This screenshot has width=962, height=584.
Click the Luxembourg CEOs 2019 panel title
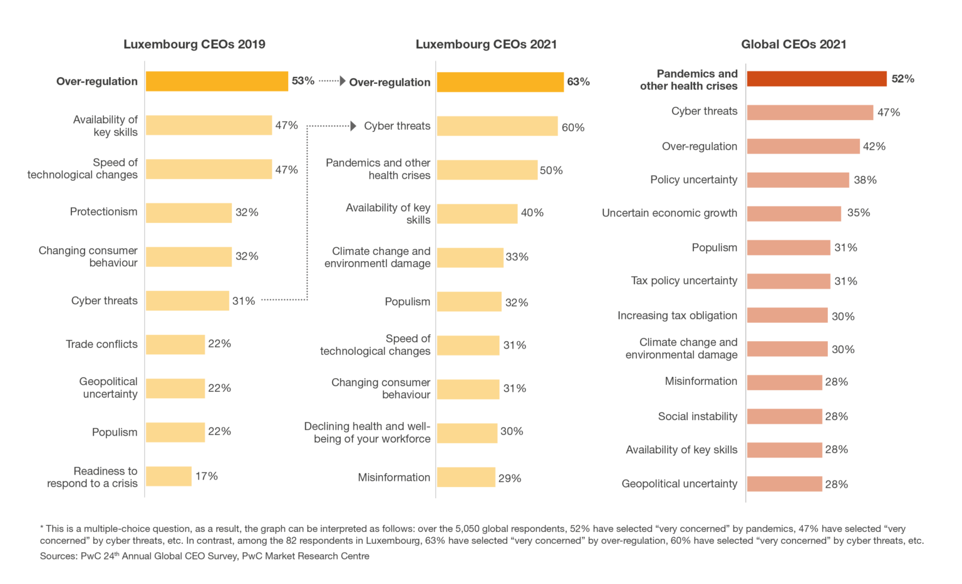(x=194, y=44)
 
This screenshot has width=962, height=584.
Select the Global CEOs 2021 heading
(x=793, y=44)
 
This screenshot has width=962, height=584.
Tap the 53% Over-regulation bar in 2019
(x=217, y=81)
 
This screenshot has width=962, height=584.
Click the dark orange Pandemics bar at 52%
(x=816, y=79)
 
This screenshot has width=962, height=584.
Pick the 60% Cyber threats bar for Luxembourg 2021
(x=497, y=126)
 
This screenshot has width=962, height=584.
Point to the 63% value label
(x=578, y=82)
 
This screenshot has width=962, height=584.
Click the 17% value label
(x=206, y=476)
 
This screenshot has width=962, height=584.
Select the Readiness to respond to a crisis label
(x=92, y=477)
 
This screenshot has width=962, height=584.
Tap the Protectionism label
(x=103, y=212)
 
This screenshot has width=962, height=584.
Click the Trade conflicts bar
(x=175, y=344)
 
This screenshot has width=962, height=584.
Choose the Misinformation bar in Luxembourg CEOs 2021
(x=466, y=478)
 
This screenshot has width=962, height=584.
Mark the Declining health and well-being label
(x=368, y=433)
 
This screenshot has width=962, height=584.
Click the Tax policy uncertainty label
(x=684, y=281)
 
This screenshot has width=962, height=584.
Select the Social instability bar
(x=784, y=416)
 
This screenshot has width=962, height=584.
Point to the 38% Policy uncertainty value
(x=865, y=180)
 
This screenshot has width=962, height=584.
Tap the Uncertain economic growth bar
(x=794, y=213)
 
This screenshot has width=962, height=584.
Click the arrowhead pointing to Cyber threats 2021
(x=353, y=126)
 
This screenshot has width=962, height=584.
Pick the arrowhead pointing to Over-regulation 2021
(x=343, y=81)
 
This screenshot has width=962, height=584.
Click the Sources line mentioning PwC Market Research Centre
(x=205, y=556)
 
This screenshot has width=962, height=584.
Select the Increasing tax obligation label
(x=677, y=315)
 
